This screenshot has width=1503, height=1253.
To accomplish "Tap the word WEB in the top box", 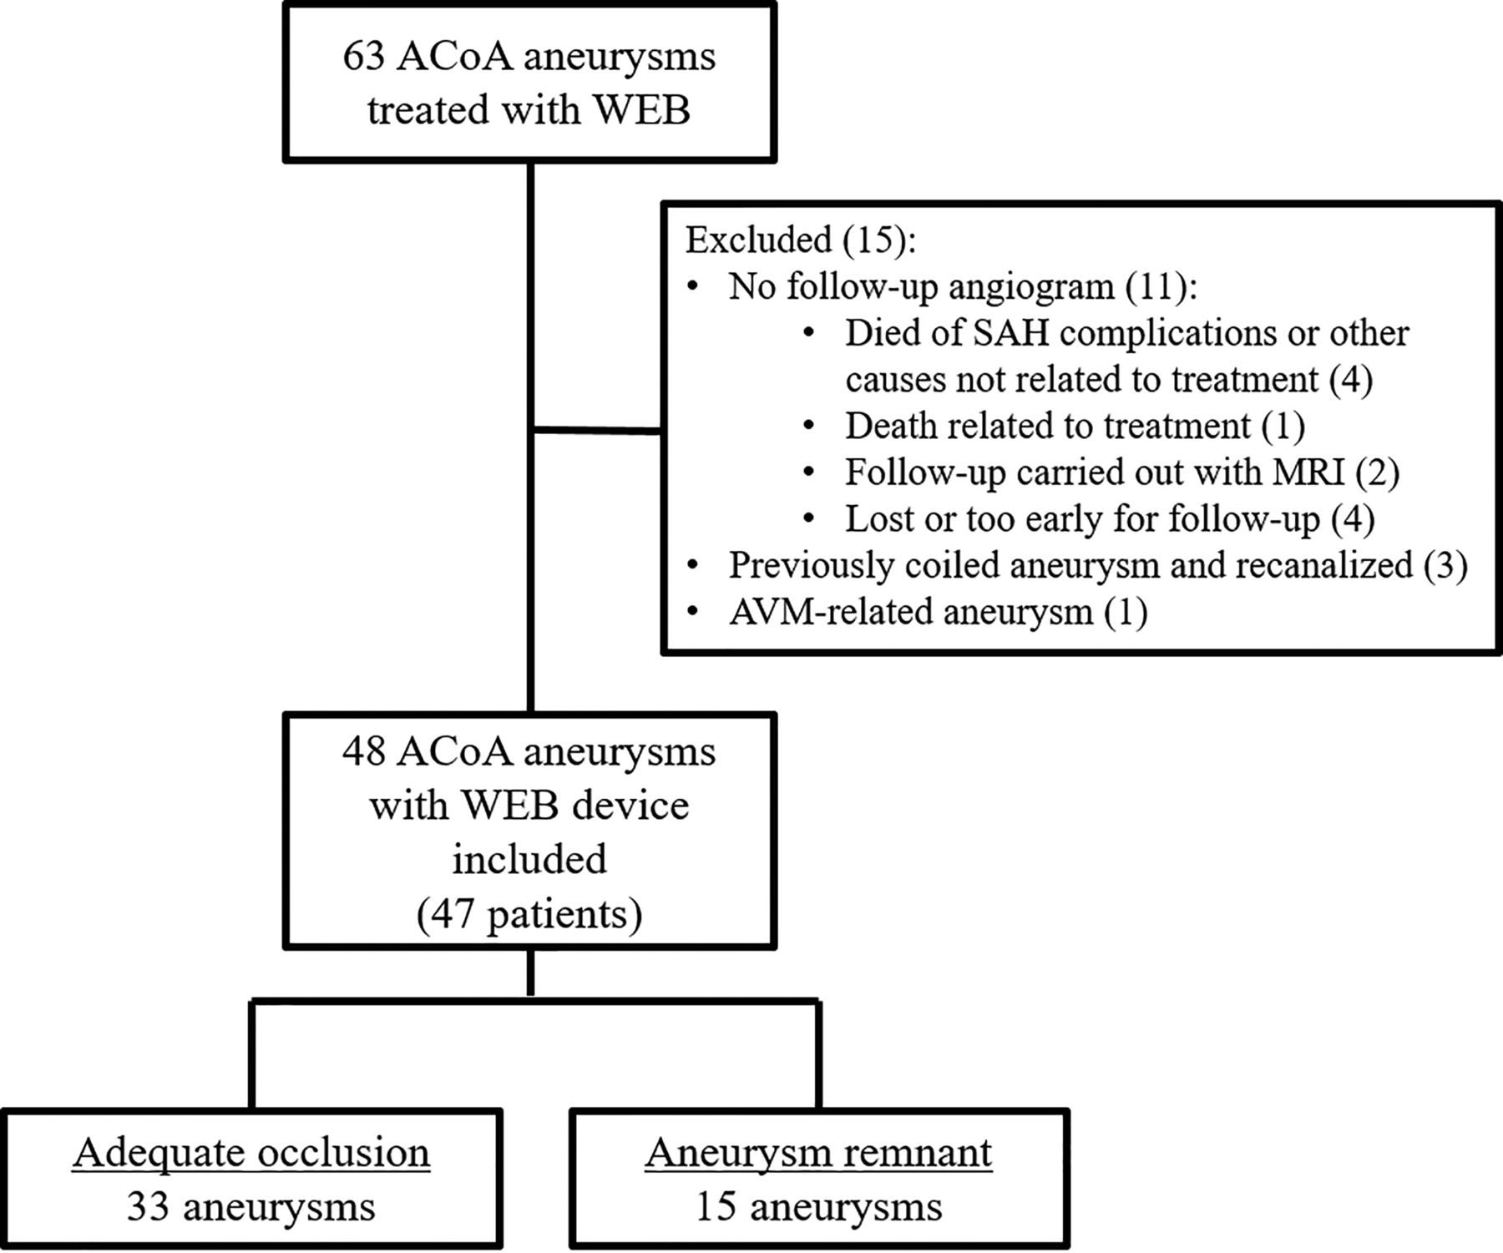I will click(643, 110).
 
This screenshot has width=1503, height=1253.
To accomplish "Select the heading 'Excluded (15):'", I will click(801, 240).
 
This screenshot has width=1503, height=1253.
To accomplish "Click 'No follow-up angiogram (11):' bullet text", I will click(963, 286).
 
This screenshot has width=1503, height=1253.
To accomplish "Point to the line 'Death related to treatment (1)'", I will click(1075, 426).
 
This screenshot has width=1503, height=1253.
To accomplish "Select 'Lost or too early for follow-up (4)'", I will click(1110, 518).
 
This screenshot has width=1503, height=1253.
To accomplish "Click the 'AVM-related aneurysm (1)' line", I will click(938, 612).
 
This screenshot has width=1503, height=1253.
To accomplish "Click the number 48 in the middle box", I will click(365, 752).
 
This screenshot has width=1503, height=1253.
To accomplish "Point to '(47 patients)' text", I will click(529, 914).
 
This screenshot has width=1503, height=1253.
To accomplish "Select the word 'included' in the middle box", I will click(529, 860).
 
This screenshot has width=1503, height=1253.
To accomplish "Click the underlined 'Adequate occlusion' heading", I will click(251, 1153).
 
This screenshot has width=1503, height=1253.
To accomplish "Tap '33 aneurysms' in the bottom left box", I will click(251, 1207).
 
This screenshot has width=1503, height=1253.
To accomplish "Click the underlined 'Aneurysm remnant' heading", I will click(818, 1153).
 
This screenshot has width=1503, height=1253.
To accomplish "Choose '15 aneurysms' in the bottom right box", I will click(818, 1207).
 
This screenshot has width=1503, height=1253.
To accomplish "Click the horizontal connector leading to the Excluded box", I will click(597, 431).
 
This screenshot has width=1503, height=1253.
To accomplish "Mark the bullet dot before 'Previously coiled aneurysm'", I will click(692, 566).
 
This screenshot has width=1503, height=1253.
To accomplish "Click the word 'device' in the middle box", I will click(630, 806).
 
